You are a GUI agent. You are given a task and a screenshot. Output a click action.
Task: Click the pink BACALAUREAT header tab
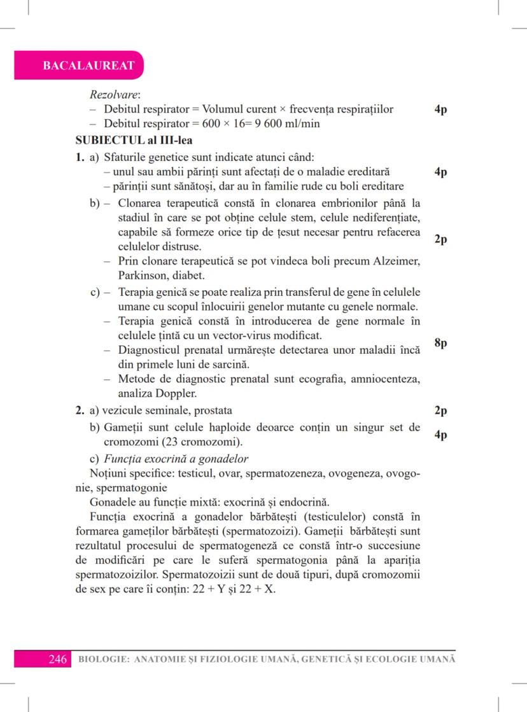coord(79,66)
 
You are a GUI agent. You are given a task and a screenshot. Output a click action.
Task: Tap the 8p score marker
coord(440,343)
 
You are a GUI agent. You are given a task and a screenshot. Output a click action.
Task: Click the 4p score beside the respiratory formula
coord(440,109)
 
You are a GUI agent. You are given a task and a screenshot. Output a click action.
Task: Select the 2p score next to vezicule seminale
coord(440,411)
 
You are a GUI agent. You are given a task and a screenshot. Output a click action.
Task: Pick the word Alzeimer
coord(397,262)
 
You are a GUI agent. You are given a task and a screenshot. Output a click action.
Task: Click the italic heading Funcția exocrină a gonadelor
coord(176,459)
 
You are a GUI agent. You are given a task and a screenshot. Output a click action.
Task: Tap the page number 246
coord(59,660)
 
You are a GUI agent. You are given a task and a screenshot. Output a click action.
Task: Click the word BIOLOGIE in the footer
coord(102,660)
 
